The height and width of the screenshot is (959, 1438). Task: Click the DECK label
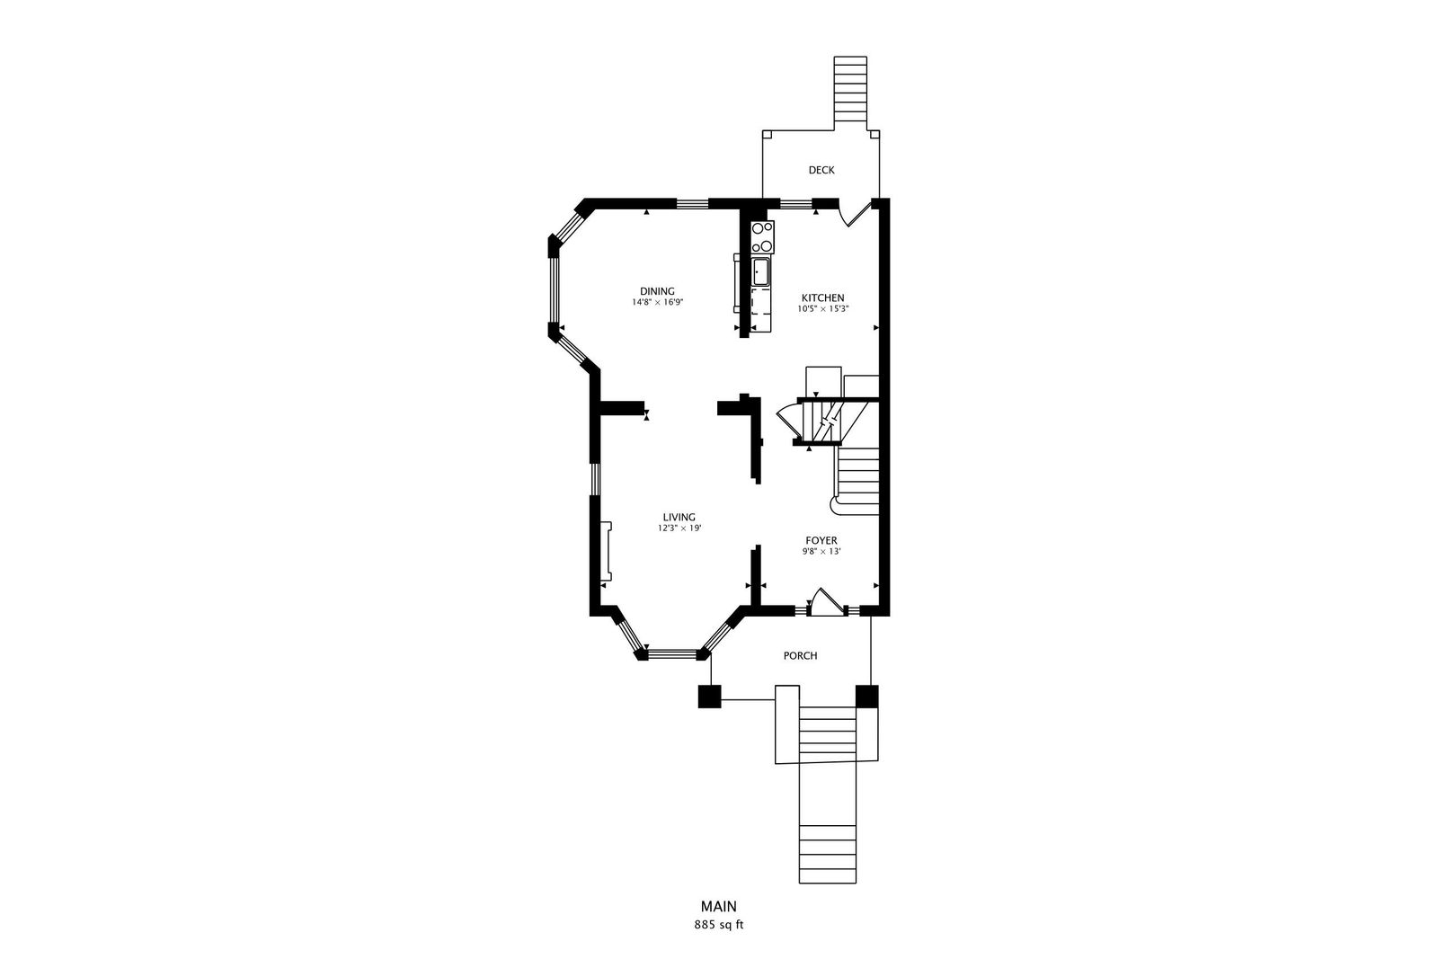coord(821,170)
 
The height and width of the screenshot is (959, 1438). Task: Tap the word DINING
coord(657,291)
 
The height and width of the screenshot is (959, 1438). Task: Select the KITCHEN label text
coord(822,297)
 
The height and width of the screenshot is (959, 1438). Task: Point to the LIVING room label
coord(679,518)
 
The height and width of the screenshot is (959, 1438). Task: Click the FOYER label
coord(821,541)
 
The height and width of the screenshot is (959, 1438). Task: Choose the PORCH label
coord(800,656)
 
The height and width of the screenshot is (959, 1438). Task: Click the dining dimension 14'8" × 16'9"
coord(657,302)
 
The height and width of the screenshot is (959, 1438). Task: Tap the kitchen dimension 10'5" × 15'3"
coord(823,309)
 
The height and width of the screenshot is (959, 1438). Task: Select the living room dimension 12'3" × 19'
coord(679,528)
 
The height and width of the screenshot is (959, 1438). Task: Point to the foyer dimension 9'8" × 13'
coord(821,551)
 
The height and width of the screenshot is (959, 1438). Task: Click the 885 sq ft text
coord(718,925)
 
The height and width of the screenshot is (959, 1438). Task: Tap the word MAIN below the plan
coord(718,906)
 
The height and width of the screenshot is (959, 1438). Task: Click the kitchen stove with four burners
coord(763,237)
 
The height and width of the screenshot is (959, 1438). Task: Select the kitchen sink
coord(760,272)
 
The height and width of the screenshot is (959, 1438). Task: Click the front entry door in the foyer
coord(827,603)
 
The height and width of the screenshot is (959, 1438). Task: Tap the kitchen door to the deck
coord(856,213)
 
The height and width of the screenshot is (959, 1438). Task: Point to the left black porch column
coord(709,697)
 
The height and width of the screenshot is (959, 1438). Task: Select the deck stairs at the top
coord(850,93)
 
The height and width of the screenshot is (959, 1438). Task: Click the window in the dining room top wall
coord(692,204)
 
